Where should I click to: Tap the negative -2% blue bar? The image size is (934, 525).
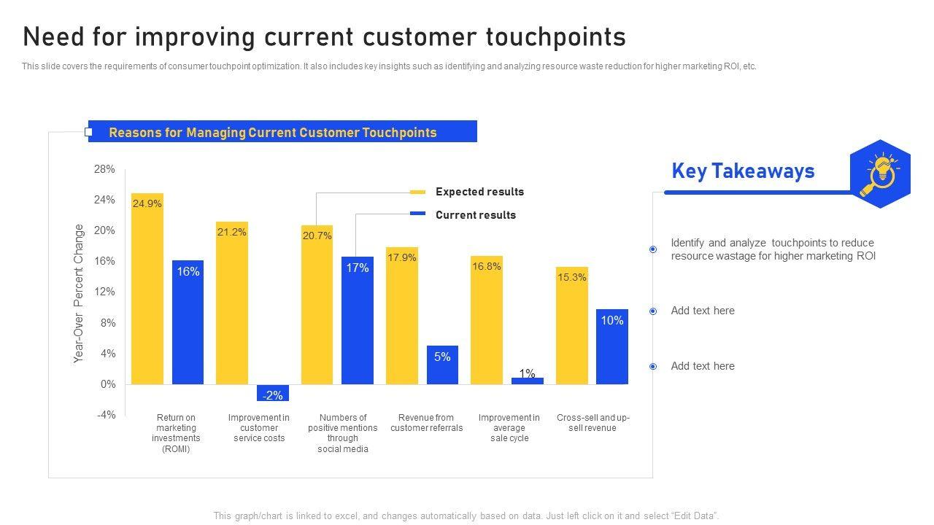pos(273,393)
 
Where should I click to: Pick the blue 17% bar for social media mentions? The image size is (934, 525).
pos(358,320)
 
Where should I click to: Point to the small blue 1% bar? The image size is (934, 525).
pos(528,381)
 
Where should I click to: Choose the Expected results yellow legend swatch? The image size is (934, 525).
pos(417,192)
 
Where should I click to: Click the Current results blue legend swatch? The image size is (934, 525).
pos(417,214)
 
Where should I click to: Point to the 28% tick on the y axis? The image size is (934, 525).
pos(104,169)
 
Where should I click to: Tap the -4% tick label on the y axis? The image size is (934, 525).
pos(106,415)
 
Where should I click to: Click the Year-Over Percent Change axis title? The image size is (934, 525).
pos(79,293)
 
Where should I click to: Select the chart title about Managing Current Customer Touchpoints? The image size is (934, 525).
pos(273,133)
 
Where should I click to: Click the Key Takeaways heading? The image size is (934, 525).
pos(743,171)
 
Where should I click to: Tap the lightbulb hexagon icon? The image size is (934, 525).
pos(881,174)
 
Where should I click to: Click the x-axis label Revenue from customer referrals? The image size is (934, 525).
pos(427,423)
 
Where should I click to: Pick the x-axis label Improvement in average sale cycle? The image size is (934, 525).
pos(509,428)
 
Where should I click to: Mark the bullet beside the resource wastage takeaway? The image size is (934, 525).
pos(653,249)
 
